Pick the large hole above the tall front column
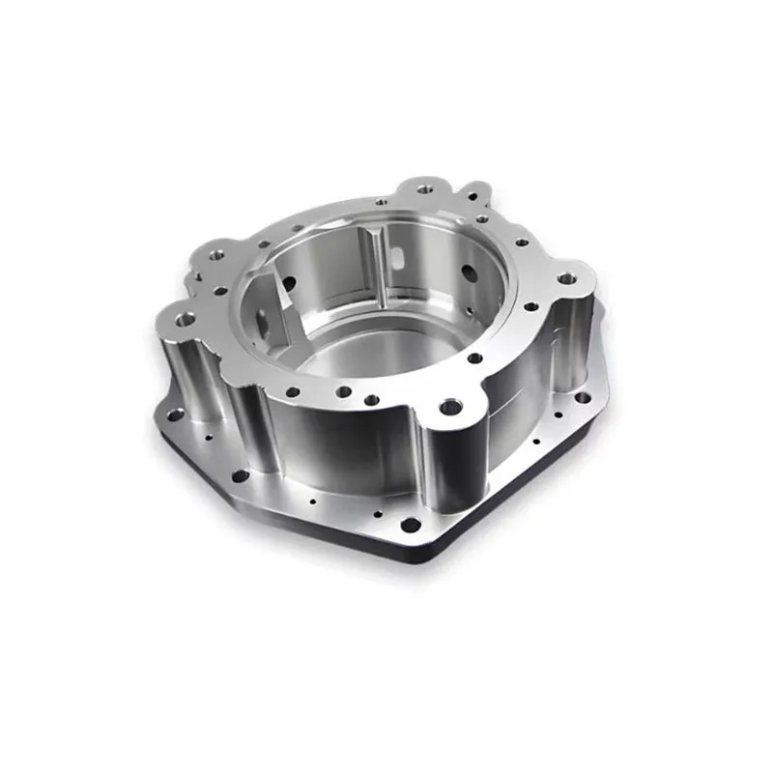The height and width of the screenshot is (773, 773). click(x=447, y=407)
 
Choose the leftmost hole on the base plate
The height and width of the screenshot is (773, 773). click(x=175, y=415)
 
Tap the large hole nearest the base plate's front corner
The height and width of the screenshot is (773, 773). click(x=411, y=526)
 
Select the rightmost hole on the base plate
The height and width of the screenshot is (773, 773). click(x=581, y=395)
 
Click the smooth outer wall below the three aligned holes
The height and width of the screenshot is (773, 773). click(x=338, y=444)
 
